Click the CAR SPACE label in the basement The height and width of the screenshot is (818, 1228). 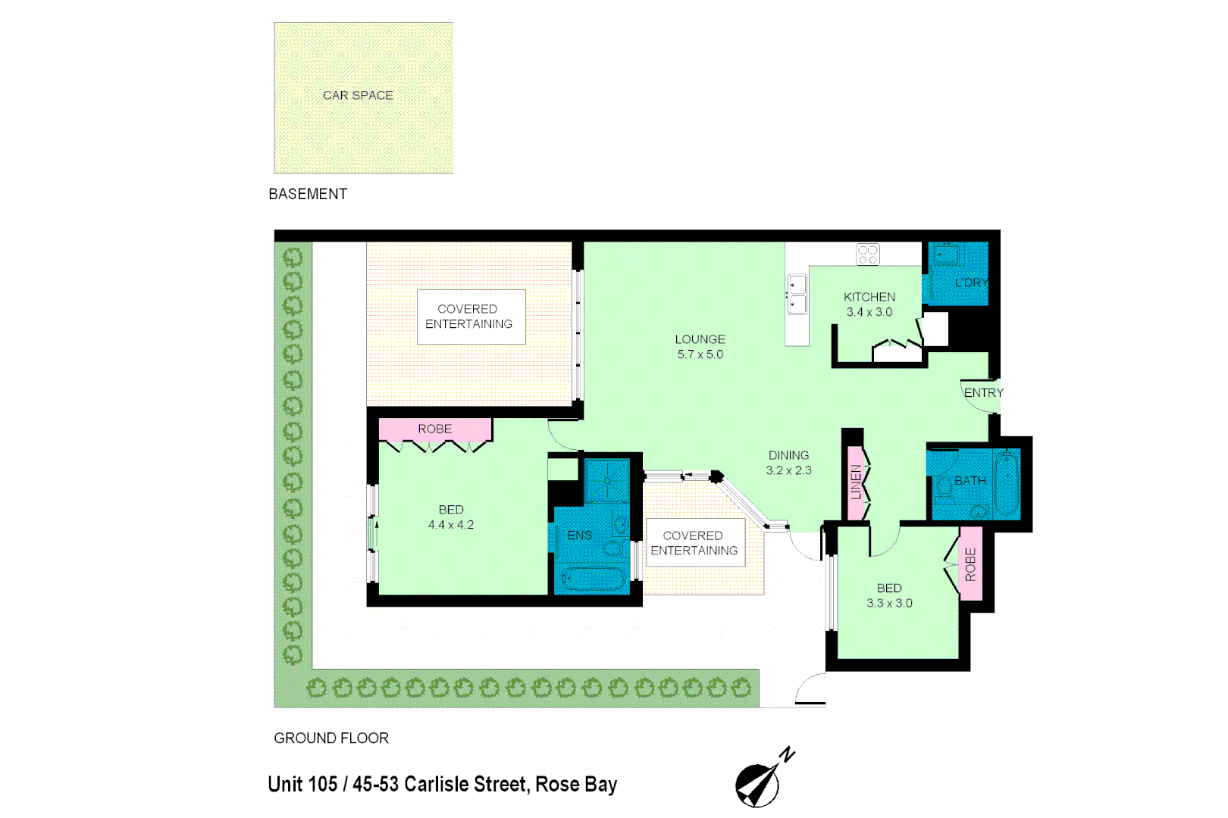pos(358,95)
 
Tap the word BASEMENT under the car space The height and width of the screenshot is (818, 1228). pos(308,194)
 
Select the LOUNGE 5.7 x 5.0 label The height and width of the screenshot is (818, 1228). pos(700,347)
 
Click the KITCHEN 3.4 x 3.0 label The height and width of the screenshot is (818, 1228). pos(869,304)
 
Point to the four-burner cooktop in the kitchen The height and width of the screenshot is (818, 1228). pos(868,254)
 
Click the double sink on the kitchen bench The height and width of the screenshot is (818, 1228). pos(797,295)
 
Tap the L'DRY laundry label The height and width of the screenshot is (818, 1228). pos(971,283)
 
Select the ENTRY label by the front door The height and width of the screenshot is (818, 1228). pos(983,392)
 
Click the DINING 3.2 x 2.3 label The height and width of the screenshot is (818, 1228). pos(788,463)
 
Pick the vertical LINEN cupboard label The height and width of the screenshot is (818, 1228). pos(857,482)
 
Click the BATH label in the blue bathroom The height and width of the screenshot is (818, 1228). pos(970,481)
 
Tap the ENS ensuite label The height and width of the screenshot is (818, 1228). pos(580,535)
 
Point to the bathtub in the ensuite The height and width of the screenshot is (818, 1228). pos(594,580)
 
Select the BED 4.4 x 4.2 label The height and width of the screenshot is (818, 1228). pos(451,517)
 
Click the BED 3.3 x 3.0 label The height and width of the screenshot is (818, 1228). pos(889,595)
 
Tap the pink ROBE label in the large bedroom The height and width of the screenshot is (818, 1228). pos(435,429)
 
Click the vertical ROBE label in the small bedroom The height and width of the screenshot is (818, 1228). pos(971,564)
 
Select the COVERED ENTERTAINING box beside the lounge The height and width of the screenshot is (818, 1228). pos(470,317)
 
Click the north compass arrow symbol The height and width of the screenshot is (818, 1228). pos(759,785)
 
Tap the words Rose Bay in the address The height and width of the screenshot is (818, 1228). pos(576,785)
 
